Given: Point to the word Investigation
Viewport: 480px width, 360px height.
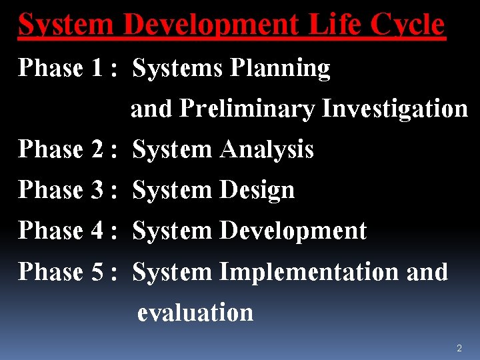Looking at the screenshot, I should click(x=395, y=109).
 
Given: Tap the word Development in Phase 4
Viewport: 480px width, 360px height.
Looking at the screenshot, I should click(x=293, y=231).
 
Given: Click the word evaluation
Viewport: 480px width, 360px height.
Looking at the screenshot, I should click(x=195, y=313).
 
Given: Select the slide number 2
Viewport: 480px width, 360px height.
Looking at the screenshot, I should click(x=459, y=348).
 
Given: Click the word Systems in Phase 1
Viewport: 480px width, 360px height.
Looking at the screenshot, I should click(x=179, y=68).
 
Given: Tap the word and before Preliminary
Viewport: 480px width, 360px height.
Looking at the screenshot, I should click(x=151, y=109).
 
